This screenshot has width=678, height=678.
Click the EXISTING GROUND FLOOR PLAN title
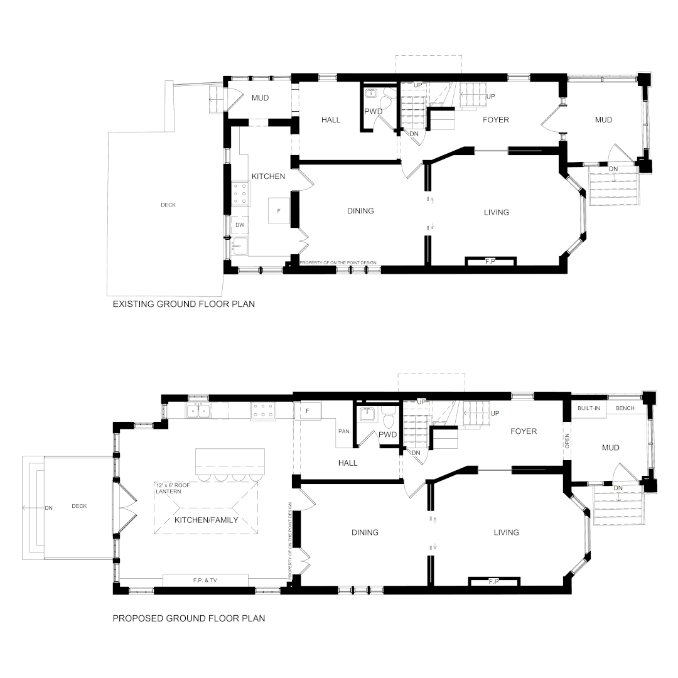tap(184, 304)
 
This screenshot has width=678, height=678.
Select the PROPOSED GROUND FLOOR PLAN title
tap(189, 618)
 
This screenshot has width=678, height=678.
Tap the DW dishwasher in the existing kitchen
tap(240, 225)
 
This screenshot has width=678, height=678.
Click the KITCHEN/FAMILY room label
tap(207, 520)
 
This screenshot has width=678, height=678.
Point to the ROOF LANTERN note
tap(173, 488)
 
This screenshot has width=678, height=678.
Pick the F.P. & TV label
tap(205, 580)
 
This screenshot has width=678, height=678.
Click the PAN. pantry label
tap(345, 431)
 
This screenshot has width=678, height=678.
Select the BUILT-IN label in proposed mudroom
tap(588, 408)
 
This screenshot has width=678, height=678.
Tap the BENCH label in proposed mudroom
tap(625, 408)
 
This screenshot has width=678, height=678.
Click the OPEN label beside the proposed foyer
tap(568, 441)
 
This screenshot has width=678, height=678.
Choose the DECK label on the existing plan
tap(168, 205)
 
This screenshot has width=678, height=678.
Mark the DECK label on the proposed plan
tap(79, 506)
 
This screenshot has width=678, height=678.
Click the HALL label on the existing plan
tap(331, 120)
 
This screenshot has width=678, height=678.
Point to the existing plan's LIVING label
tap(497, 212)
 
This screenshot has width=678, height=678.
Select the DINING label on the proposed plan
tap(365, 533)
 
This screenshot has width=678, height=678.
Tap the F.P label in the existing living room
tap(490, 262)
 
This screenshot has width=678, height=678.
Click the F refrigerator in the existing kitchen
tap(279, 210)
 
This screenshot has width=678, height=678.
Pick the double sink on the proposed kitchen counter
tap(198, 410)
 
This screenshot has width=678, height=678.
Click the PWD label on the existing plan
tap(374, 111)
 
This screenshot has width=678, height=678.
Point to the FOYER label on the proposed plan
tap(524, 431)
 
